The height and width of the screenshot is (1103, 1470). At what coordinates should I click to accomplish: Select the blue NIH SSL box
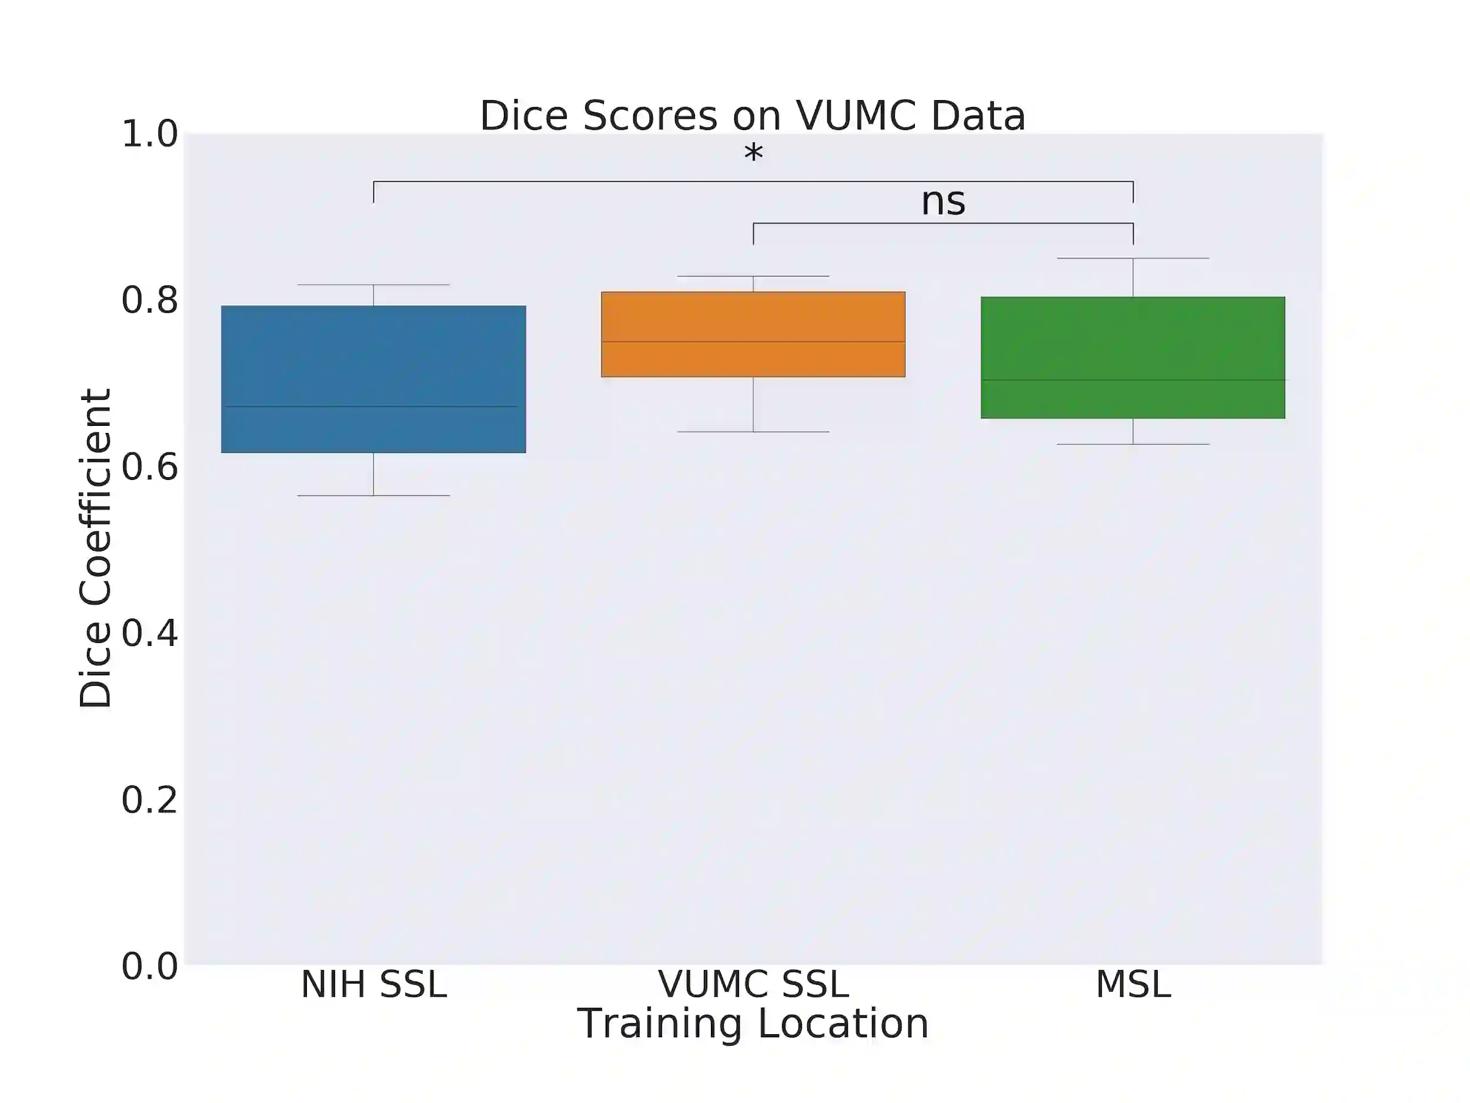pos(373,359)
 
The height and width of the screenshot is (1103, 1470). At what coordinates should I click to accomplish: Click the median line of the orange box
pos(753,342)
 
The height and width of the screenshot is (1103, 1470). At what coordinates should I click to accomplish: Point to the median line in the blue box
pos(373,406)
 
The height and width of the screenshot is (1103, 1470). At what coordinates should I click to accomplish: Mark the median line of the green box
pos(1132,380)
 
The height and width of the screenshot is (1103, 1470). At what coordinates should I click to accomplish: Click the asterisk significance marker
pos(753,155)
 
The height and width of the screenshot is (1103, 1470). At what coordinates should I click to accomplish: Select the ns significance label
pos(943,201)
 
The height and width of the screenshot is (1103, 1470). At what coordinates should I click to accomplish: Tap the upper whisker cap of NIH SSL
pos(373,285)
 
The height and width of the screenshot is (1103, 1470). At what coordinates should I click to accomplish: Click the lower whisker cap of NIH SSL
pos(373,495)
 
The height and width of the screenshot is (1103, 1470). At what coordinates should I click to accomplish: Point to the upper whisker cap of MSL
pos(1132,258)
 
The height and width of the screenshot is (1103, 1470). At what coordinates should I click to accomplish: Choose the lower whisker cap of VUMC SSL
pos(753,432)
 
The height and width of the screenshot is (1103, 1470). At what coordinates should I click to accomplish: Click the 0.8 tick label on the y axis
pos(149,300)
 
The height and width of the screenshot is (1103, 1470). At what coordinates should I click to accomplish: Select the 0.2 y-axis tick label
pos(149,800)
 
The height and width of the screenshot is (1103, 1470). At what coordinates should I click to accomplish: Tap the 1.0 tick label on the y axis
pos(149,134)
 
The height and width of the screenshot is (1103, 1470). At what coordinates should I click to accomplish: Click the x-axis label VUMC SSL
pos(753,985)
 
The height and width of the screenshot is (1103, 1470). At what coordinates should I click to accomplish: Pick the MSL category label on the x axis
pos(1132,985)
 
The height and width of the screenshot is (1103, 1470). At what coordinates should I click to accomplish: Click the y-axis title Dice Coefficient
pos(95,548)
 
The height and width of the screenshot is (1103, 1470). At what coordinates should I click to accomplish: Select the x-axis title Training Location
pos(753,1024)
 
